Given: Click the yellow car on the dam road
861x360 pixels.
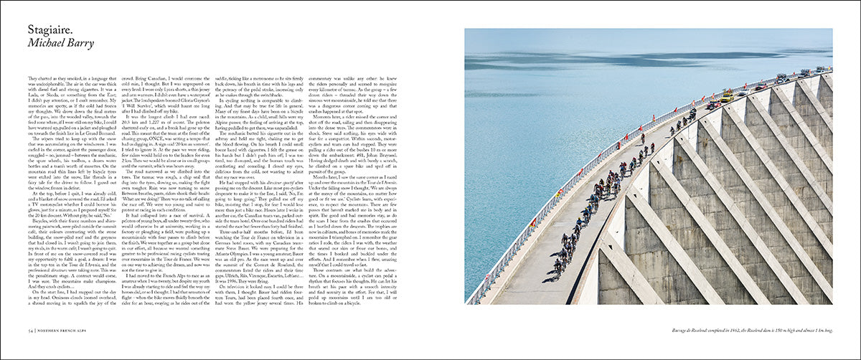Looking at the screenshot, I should tap(728, 97).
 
